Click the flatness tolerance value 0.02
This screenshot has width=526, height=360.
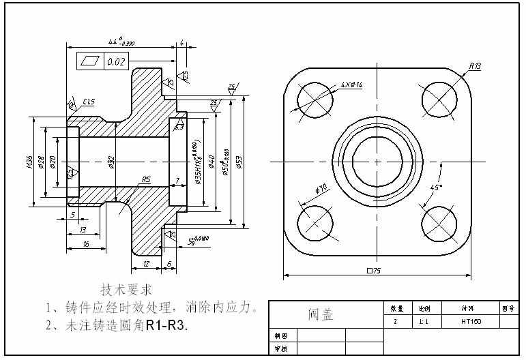point(117,62)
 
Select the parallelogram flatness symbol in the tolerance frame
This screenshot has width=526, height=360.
point(89,61)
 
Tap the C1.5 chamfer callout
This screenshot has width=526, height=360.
point(89,102)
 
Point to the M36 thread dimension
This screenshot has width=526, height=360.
point(29,162)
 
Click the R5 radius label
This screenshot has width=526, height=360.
point(145,180)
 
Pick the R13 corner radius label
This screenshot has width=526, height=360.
point(475,66)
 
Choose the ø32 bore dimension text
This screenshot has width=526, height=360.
point(111,162)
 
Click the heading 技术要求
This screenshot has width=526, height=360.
point(127,288)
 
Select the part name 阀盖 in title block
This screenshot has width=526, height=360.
point(321,314)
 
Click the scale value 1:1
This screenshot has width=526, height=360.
point(424,321)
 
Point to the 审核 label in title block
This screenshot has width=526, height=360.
point(280,348)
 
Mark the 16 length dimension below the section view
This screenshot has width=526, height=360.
point(85,243)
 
